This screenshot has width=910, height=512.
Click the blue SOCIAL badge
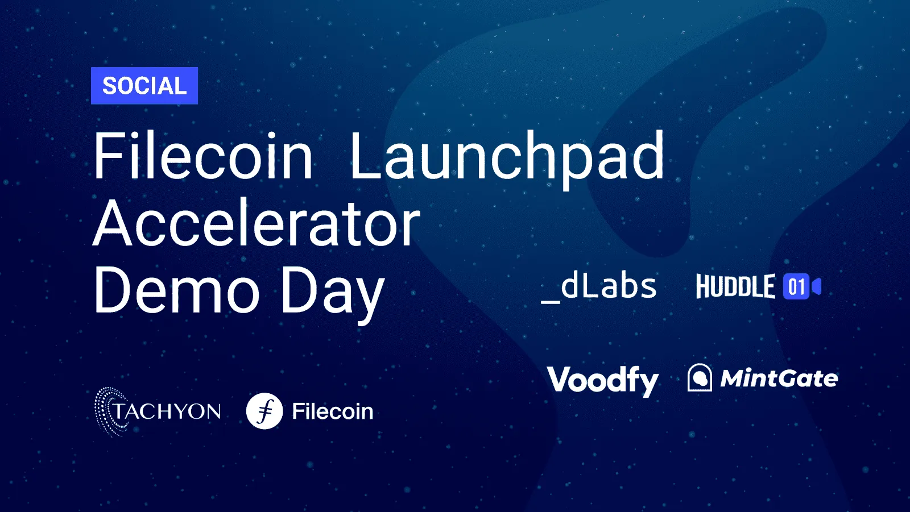[144, 86]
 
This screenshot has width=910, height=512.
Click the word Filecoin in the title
[203, 156]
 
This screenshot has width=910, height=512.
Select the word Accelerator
[257, 223]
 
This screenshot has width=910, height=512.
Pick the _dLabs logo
[599, 288]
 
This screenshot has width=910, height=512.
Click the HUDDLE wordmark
[736, 286]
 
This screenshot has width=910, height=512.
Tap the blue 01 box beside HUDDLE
[796, 286]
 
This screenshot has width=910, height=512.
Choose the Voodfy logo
[603, 380]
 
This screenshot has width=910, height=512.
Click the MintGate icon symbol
[700, 377]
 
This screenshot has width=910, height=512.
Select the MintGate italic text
[779, 378]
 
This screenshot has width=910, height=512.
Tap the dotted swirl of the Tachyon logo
[106, 412]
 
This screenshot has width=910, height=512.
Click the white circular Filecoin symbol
[264, 411]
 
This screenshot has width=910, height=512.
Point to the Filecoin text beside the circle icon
[333, 411]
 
